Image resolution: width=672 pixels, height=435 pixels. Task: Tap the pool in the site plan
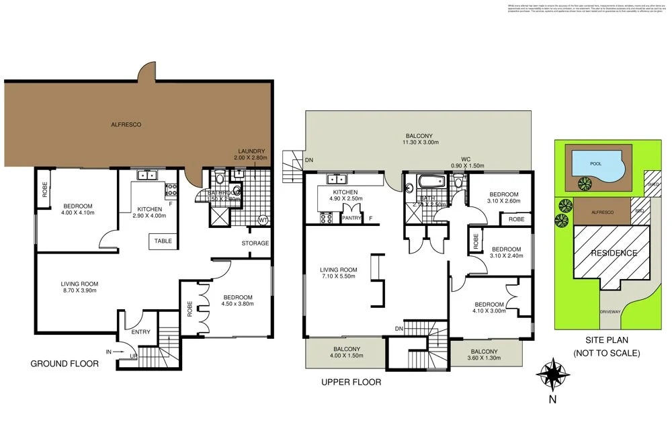[x=595, y=163]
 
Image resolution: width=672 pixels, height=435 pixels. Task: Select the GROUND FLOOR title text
[x=65, y=364]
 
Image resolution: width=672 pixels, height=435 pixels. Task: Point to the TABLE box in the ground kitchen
[x=163, y=241]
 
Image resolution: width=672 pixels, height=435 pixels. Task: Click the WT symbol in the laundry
[x=263, y=219]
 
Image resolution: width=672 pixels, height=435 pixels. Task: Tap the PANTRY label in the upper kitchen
[x=352, y=218]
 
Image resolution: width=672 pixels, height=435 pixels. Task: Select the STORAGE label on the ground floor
[x=255, y=243]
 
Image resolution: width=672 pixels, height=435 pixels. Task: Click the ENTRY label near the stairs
[x=140, y=332]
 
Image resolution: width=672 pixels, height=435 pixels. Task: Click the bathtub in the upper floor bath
[x=427, y=182]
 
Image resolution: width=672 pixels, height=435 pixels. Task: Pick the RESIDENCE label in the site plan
[x=613, y=253]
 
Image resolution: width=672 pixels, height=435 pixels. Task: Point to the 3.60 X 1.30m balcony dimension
[x=484, y=360]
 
